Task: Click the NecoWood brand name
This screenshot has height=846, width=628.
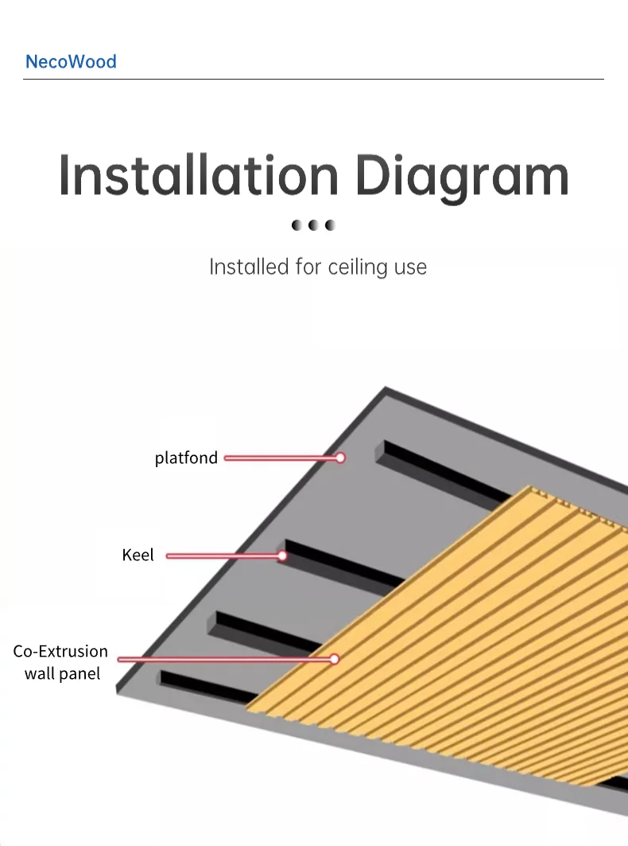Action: click(71, 61)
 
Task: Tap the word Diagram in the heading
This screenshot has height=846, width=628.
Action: click(462, 177)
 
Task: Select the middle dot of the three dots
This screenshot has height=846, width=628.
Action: click(314, 225)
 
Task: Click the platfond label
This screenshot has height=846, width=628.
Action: click(186, 458)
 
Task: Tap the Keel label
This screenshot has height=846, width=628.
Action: click(138, 555)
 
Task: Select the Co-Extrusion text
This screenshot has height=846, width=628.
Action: click(60, 651)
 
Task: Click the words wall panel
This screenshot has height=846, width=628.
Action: click(63, 673)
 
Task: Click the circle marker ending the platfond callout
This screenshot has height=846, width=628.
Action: click(340, 458)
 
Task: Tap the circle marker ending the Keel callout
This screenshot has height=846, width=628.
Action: click(282, 556)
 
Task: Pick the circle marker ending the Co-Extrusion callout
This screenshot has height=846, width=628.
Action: click(335, 659)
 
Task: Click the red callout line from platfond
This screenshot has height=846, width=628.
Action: click(278, 458)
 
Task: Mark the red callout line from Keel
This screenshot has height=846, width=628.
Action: click(223, 556)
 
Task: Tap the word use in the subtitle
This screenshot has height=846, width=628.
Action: click(410, 267)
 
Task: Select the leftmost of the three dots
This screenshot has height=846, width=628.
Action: click(297, 225)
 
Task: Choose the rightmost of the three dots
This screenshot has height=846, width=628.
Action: click(331, 225)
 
